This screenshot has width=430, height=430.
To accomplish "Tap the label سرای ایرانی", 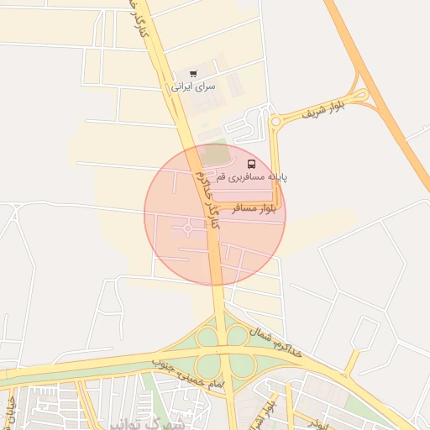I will click(x=194, y=86).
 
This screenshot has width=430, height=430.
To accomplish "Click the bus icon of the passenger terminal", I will click(x=253, y=163).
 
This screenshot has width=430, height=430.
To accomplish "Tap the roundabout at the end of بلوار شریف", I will click(x=275, y=123).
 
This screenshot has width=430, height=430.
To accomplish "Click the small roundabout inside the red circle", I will click(x=186, y=227).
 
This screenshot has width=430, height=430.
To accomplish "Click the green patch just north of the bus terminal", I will click(x=216, y=155).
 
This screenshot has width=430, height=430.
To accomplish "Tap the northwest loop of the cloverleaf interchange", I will click(x=207, y=338).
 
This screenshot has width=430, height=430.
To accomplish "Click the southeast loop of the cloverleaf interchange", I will click(x=242, y=366).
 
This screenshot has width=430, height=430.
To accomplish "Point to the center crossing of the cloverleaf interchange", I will click(x=224, y=352).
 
